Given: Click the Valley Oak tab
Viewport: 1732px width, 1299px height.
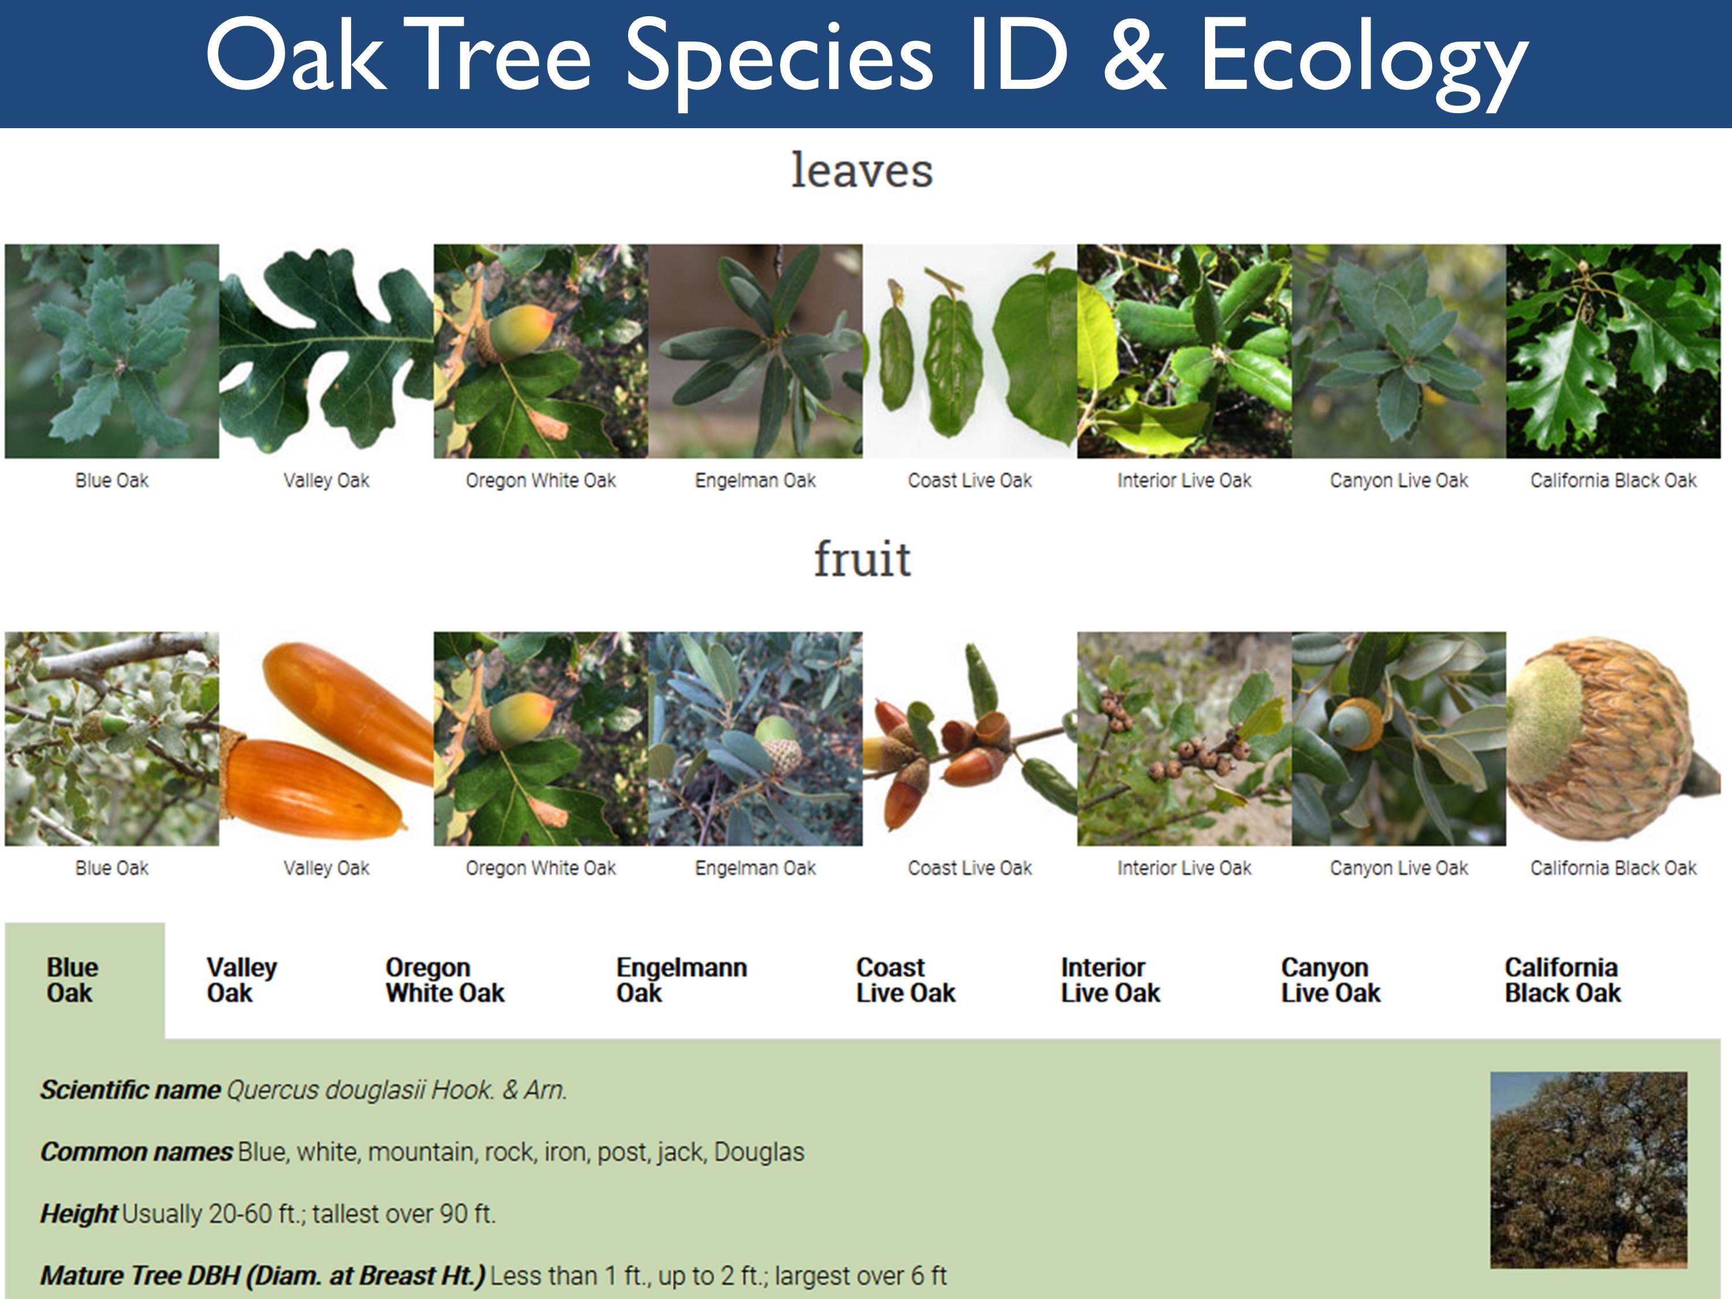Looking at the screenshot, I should click(x=241, y=980).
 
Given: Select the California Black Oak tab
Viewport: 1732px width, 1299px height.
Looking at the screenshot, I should click(x=1562, y=980).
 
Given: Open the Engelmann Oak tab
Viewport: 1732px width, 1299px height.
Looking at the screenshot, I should click(x=681, y=980).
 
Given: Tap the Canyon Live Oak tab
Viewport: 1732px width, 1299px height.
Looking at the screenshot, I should click(x=1330, y=980).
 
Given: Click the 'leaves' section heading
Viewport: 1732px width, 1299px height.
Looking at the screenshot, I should click(x=861, y=171).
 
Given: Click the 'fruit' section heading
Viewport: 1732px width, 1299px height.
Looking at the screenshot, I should click(x=861, y=559).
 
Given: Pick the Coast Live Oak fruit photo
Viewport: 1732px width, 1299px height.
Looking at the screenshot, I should click(x=969, y=738).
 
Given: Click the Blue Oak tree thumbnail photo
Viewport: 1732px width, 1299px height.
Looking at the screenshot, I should click(x=1588, y=1170).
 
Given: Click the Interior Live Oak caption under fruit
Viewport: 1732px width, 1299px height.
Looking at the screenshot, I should click(x=1184, y=868).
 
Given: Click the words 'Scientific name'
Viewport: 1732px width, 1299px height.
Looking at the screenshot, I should click(x=130, y=1090).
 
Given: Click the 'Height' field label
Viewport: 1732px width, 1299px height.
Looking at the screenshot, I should click(x=79, y=1214).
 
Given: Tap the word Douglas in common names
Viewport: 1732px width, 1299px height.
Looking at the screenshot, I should click(x=759, y=1152).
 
